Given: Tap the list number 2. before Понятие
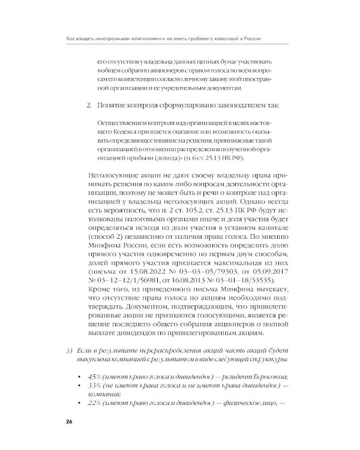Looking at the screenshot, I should tap(88, 106).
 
